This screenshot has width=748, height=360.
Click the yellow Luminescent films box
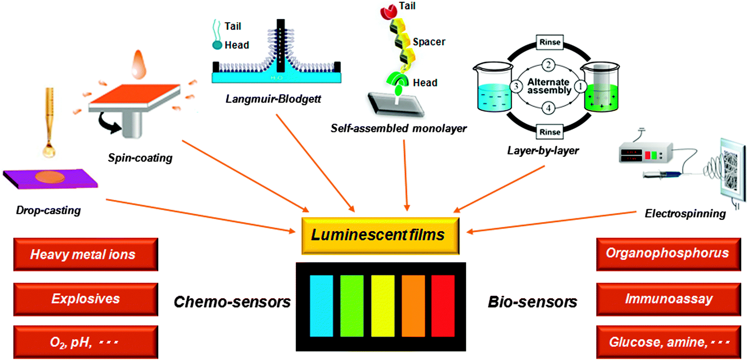pos(380,235)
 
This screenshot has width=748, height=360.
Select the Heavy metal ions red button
pos(86,254)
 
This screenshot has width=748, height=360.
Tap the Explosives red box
pos(86,299)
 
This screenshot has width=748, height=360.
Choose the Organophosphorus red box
pos(668,254)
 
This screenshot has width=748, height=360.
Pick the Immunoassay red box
pos(668,299)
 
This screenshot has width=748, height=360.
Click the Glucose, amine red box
pos(668,342)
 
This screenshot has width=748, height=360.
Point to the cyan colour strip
pos(321,306)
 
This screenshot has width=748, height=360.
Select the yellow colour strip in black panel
pos(382,306)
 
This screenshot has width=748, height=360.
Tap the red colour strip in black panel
pos(443,306)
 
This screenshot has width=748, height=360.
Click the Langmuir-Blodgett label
pos(273,99)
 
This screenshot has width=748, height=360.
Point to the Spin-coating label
pos(140,158)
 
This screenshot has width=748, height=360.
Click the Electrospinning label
pos(685,213)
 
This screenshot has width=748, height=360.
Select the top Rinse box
pos(550,42)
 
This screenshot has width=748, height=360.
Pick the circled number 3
pos(516,86)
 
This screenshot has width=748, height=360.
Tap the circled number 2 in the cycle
pos(548,65)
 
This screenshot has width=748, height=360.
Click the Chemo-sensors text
pos(232,302)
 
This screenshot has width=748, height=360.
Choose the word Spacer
pos(429,42)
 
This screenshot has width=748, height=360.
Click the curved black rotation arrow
pos(108,123)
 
